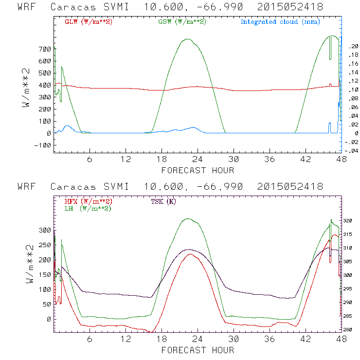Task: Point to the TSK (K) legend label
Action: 164,201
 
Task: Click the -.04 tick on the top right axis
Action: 352,151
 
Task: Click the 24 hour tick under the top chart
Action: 198,160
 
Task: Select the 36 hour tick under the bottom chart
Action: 270,340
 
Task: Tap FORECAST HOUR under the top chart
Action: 198,170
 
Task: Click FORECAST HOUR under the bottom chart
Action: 198,350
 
